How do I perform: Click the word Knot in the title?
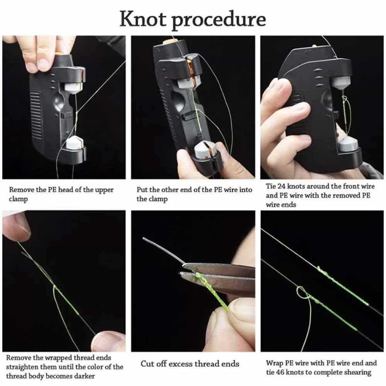(x=143, y=19)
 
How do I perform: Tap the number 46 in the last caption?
(x=280, y=372)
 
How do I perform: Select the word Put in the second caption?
(x=142, y=190)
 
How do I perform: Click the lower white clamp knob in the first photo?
(x=75, y=144)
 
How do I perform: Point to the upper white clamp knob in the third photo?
(x=341, y=83)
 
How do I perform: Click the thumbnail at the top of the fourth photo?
(x=17, y=225)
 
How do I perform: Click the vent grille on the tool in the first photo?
(x=35, y=115)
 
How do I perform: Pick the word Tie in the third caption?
(x=271, y=186)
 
